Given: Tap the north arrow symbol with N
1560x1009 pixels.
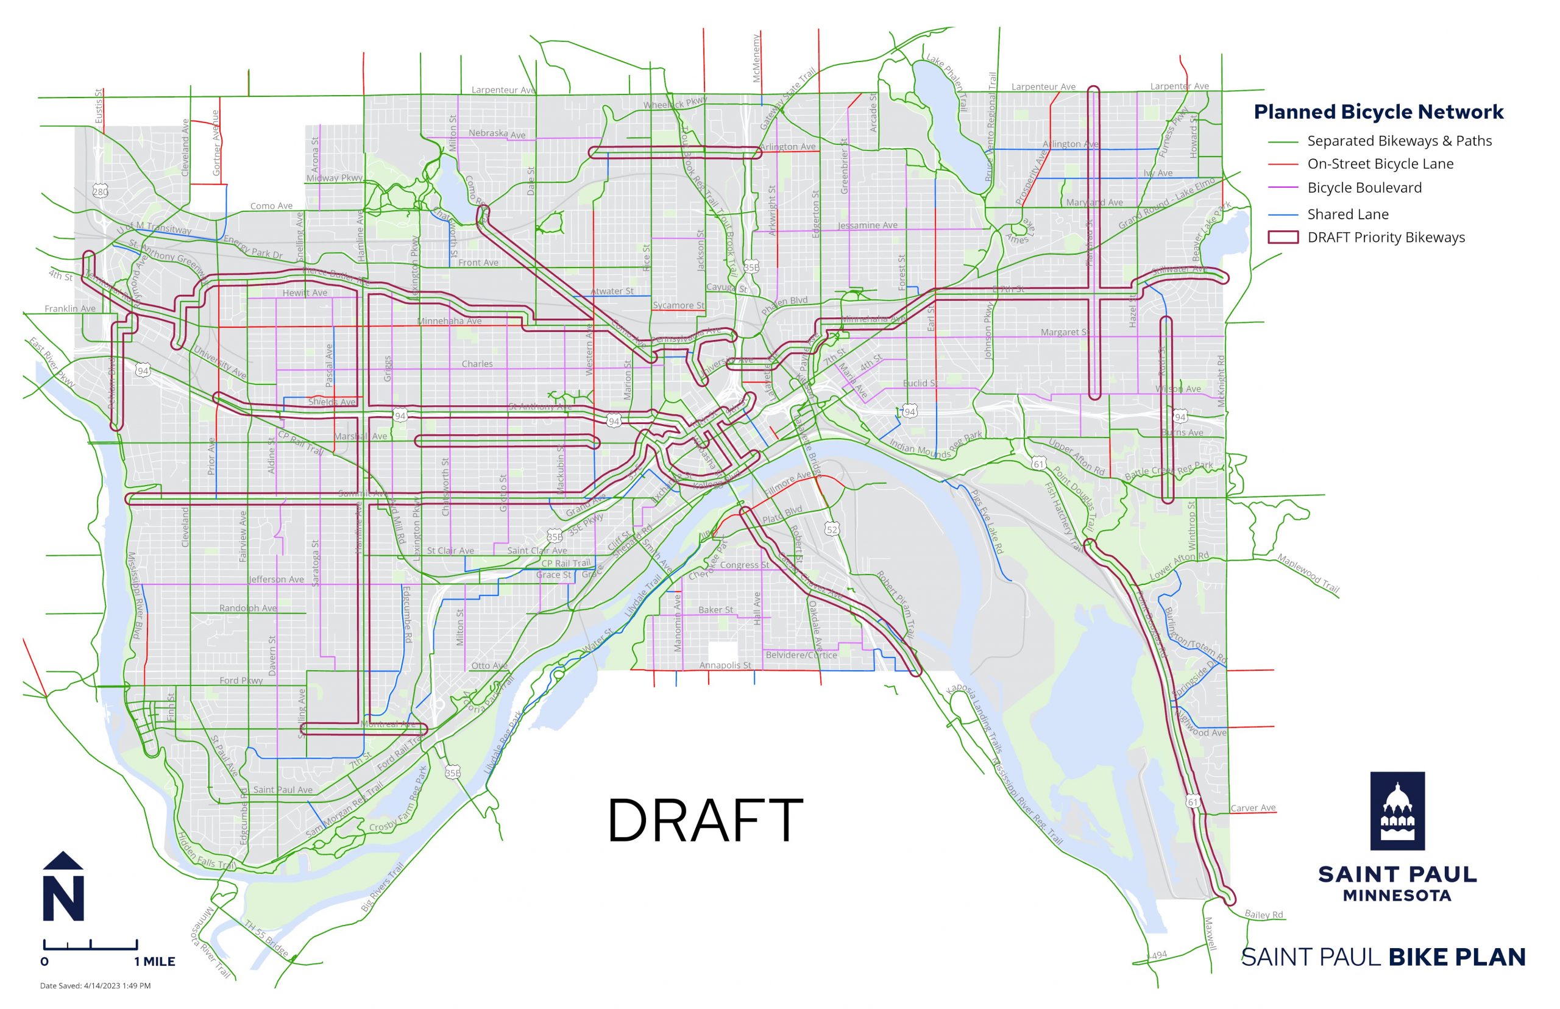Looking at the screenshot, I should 63,888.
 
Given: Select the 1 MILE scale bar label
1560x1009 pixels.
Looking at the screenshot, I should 155,962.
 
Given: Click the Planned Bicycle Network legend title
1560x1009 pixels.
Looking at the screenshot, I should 1378,112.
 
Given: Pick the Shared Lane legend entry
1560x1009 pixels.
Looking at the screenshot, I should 1347,214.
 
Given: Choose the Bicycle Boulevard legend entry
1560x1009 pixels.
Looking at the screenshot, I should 1364,188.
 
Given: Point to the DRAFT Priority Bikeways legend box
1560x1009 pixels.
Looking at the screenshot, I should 1283,237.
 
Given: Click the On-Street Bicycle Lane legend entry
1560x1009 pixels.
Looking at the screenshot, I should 1380,164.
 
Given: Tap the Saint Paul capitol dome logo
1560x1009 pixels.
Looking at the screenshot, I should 1397,810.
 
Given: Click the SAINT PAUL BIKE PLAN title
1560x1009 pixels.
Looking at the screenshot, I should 1383,957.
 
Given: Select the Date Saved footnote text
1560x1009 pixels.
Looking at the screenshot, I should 95,985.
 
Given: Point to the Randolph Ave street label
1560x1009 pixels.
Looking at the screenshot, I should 247,608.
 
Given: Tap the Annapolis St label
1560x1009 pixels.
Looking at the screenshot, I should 725,665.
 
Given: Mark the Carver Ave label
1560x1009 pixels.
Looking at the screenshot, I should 1253,808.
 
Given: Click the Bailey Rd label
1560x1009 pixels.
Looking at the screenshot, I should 1263,915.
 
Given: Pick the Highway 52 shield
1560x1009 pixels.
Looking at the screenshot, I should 831,529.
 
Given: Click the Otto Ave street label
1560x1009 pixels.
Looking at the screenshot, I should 489,666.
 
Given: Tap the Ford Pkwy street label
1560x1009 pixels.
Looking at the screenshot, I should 241,681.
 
